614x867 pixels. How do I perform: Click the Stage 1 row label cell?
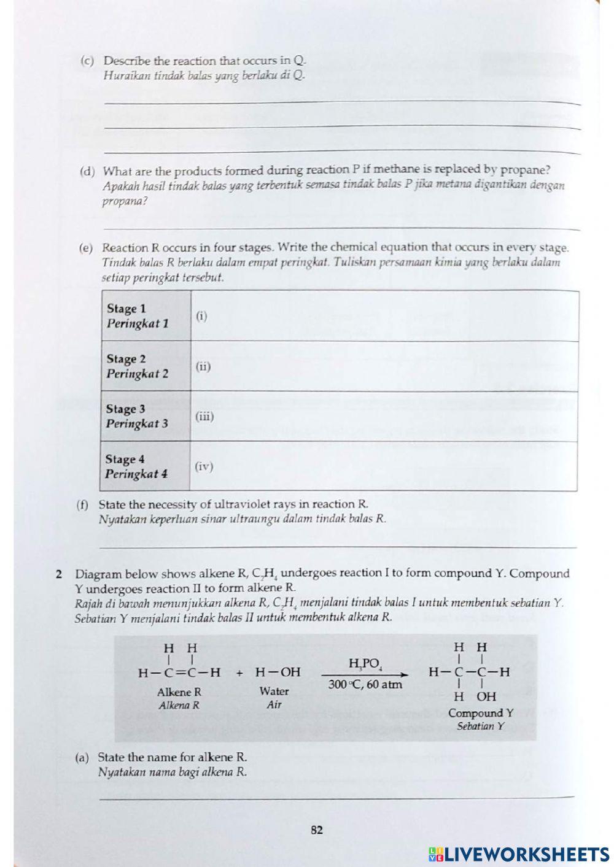[x=146, y=316]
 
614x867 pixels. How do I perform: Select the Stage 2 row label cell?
[x=146, y=366]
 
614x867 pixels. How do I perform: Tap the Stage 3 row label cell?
[x=145, y=416]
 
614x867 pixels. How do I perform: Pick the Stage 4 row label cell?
[x=144, y=466]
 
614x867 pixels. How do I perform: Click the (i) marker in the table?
[x=201, y=317]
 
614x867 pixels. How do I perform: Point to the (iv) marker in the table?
[x=204, y=467]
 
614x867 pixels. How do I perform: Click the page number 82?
[x=317, y=830]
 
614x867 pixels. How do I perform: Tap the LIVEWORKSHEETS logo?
[x=519, y=854]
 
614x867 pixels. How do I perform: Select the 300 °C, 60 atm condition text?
[x=365, y=684]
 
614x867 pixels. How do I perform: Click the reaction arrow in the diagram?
[x=365, y=674]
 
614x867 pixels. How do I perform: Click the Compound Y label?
[x=480, y=713]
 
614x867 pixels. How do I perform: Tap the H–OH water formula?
[x=278, y=672]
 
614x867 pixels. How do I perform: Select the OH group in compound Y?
[x=486, y=696]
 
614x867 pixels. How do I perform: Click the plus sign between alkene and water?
[x=239, y=672]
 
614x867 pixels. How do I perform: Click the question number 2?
[x=59, y=575]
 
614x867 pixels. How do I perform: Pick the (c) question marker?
[x=87, y=61]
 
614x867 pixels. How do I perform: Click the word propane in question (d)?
[x=525, y=170]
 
